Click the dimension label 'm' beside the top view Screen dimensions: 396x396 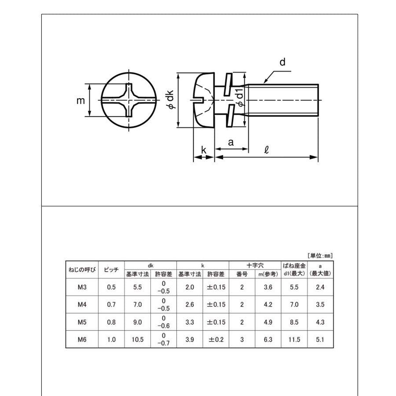(x=81, y=101)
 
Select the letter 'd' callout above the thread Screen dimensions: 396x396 (x=282, y=62)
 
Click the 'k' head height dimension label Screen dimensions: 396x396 (x=203, y=150)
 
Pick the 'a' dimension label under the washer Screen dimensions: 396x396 (x=231, y=142)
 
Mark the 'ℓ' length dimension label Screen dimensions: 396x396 (x=266, y=149)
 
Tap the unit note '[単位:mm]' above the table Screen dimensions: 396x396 (x=320, y=255)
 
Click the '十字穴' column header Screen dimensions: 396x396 (x=254, y=265)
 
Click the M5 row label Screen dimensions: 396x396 (x=81, y=322)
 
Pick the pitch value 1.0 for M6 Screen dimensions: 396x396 (x=111, y=339)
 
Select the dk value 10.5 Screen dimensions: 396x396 (x=138, y=339)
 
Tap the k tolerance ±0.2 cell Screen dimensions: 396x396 (x=216, y=339)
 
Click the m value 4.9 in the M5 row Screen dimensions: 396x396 (x=268, y=322)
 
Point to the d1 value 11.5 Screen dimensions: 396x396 (x=294, y=339)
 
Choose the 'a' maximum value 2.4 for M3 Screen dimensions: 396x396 (x=320, y=287)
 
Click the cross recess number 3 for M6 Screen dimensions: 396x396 (x=242, y=339)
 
